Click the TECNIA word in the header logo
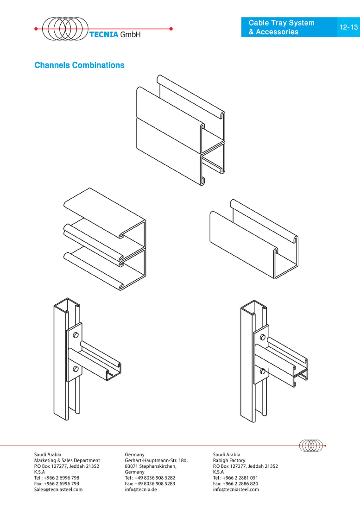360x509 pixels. click(104, 34)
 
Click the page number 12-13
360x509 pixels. click(348, 27)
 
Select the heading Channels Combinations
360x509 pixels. click(79, 65)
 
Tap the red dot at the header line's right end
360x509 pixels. click(171, 29)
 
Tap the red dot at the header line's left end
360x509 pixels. click(36, 29)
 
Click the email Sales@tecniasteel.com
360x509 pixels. click(58, 490)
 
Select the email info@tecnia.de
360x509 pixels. click(141, 490)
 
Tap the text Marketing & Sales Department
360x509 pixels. click(67, 460)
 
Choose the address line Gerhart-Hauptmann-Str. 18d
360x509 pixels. click(156, 460)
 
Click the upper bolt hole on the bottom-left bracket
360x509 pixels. click(76, 335)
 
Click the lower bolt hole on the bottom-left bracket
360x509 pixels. click(76, 369)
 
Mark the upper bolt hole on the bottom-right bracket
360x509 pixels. click(263, 337)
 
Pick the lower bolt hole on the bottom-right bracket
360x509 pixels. click(263, 371)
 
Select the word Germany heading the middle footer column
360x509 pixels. click(135, 454)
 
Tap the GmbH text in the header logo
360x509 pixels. click(131, 34)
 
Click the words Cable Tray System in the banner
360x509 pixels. click(281, 23)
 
